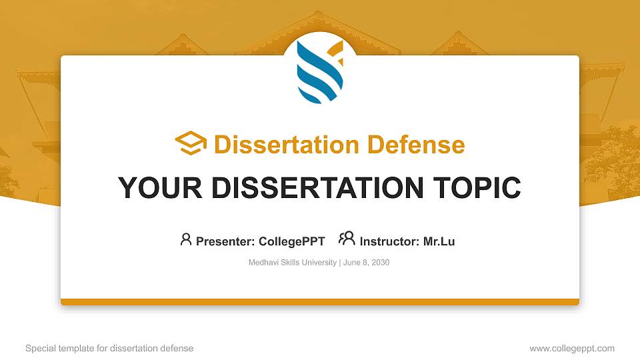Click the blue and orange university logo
(320, 73)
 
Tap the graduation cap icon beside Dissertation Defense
(191, 143)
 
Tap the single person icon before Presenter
(186, 239)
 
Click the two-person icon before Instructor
(347, 239)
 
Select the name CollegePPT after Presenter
(291, 242)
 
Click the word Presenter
(223, 242)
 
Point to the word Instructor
(388, 242)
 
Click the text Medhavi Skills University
(293, 263)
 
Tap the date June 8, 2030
(366, 263)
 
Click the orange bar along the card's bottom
(320, 302)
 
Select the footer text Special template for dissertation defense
(109, 348)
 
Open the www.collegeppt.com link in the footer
(572, 348)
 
